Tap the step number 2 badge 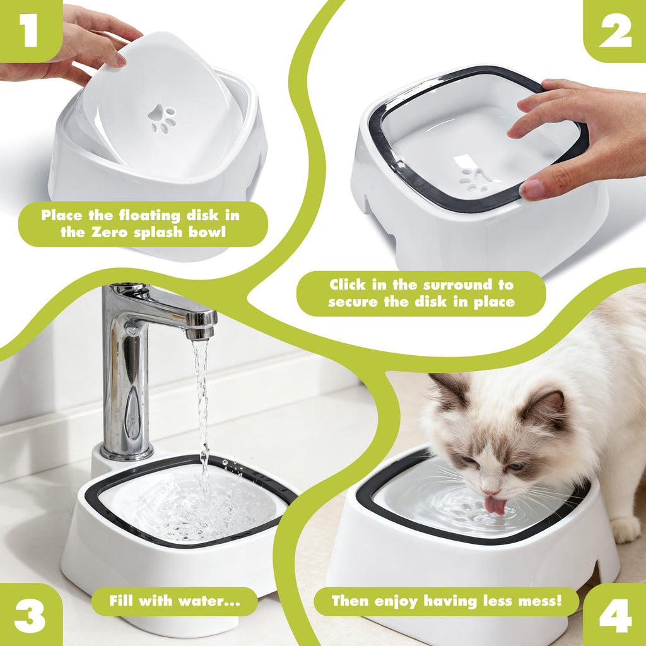point(615,32)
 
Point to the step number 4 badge point(615,615)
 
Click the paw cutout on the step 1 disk point(162,119)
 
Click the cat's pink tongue point(495,505)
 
